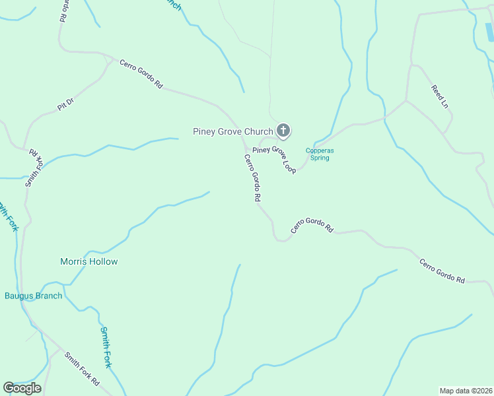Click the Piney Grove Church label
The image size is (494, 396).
232,131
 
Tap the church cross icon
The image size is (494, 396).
283,131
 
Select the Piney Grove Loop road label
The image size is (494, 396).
273,159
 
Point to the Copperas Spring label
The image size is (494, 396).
320,154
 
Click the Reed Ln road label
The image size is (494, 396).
439,96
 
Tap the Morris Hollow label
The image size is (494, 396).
89,261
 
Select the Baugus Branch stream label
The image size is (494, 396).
34,296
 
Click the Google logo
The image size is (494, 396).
22,388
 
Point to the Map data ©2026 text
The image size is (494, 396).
466,391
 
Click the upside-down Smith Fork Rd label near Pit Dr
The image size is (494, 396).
34,168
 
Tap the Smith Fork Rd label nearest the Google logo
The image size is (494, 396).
82,369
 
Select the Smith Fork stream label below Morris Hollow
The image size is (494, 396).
106,346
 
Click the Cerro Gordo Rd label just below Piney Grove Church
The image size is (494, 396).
253,178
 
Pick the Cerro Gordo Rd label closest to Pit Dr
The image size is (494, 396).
141,73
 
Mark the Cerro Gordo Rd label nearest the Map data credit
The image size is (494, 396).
442,271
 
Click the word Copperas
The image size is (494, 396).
320,150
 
